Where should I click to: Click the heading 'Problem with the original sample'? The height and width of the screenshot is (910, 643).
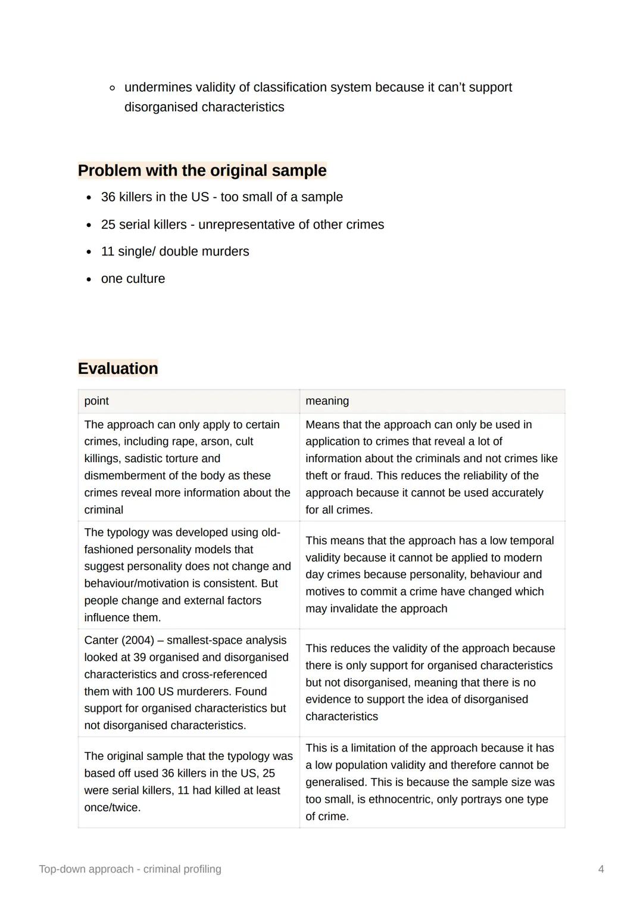202,170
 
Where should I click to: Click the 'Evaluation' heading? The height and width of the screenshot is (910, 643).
118,368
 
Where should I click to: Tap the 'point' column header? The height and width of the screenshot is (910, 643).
96,401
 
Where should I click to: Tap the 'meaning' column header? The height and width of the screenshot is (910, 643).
327,401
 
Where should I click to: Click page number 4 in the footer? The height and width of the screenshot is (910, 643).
601,869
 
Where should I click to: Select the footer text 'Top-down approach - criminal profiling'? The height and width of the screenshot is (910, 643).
130,869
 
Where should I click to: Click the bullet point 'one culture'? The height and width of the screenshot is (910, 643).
133,279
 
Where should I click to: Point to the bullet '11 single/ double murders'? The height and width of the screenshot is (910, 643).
175,251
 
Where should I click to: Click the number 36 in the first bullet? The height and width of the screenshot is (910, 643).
108,197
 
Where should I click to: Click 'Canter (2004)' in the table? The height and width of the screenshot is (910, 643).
119,640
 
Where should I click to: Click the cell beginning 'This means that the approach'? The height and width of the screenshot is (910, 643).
429,575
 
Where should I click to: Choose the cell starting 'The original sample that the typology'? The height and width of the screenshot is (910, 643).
188,781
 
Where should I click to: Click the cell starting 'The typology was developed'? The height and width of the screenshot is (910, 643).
188,575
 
